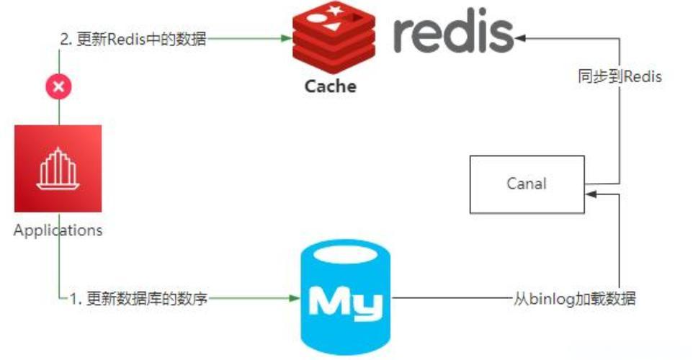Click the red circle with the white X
(59, 88)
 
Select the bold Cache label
(331, 86)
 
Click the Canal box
(527, 184)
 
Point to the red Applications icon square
(58, 168)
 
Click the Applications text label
(58, 230)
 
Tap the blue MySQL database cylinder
(344, 299)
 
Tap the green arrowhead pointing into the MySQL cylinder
(294, 297)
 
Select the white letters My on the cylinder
(345, 302)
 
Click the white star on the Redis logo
(336, 11)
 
